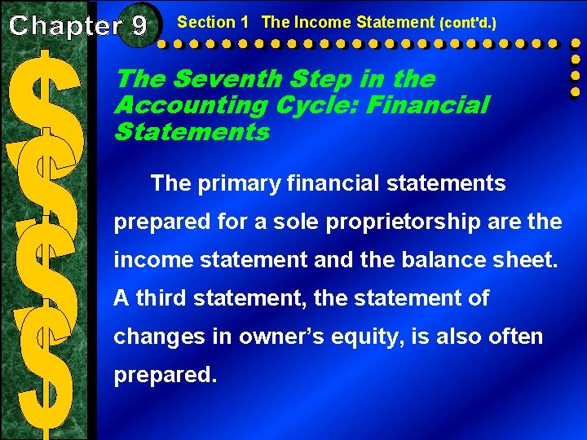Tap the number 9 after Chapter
[138, 25]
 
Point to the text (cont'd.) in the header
[467, 23]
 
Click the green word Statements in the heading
[192, 131]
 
